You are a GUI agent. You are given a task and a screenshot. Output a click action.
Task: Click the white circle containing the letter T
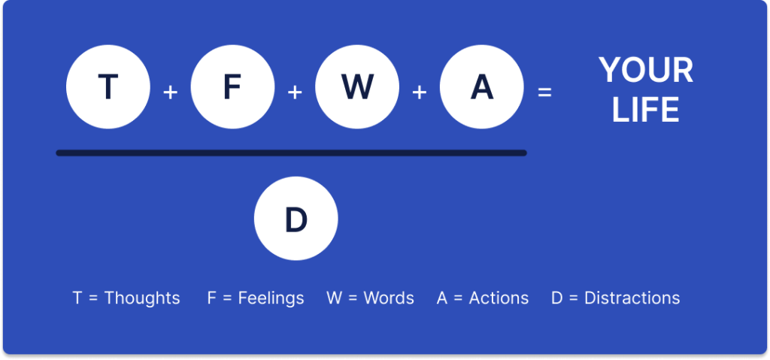[x=108, y=88]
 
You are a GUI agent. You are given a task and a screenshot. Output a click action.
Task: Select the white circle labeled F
[x=232, y=88]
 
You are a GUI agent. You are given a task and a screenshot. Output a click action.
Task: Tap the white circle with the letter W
[x=357, y=88]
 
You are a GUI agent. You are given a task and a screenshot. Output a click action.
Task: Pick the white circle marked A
[x=481, y=88]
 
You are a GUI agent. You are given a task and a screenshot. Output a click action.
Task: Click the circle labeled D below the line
[x=296, y=219]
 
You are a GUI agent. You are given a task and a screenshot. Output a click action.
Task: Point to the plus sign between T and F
[x=171, y=92]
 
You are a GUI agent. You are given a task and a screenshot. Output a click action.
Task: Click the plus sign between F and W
[x=295, y=92]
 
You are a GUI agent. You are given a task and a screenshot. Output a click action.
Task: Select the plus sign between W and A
[x=419, y=92]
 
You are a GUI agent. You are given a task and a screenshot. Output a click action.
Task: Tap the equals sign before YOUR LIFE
[x=544, y=92]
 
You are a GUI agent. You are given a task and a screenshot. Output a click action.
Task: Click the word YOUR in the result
[x=646, y=71]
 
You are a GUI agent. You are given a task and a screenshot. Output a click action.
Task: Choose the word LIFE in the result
[x=645, y=110]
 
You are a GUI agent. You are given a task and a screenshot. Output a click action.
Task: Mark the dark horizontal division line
[x=291, y=153]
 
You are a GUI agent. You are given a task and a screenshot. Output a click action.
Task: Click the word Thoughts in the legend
[x=142, y=298]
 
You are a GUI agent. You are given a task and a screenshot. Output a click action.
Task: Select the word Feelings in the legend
[x=271, y=298]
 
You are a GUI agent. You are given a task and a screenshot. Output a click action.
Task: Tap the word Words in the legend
[x=389, y=298]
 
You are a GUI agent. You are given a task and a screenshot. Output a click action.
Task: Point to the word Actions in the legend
[x=499, y=298]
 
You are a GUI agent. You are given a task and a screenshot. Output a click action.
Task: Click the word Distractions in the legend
[x=632, y=298]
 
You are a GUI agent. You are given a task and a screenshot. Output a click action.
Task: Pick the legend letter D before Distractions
[x=556, y=298]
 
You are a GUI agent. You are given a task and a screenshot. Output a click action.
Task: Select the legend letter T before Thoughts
[x=77, y=298]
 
